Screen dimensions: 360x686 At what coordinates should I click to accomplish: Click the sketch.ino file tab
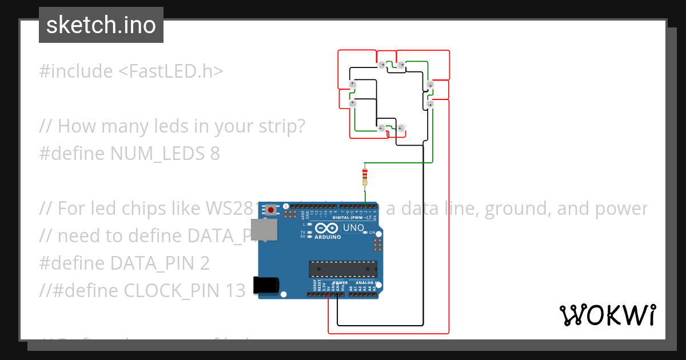(101, 25)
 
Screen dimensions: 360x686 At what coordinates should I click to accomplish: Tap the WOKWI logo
(607, 315)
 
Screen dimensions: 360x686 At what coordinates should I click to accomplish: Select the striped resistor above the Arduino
(365, 175)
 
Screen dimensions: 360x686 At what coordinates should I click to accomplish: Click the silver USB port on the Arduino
(266, 232)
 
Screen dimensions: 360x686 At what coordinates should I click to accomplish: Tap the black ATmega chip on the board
(343, 269)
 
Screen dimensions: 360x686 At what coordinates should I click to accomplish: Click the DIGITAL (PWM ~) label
(350, 218)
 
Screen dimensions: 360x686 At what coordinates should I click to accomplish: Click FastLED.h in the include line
(171, 71)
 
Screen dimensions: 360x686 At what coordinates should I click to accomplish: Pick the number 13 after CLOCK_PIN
(234, 291)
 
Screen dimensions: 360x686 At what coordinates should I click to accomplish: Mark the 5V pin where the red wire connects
(329, 295)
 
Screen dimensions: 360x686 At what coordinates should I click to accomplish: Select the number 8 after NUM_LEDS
(214, 154)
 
